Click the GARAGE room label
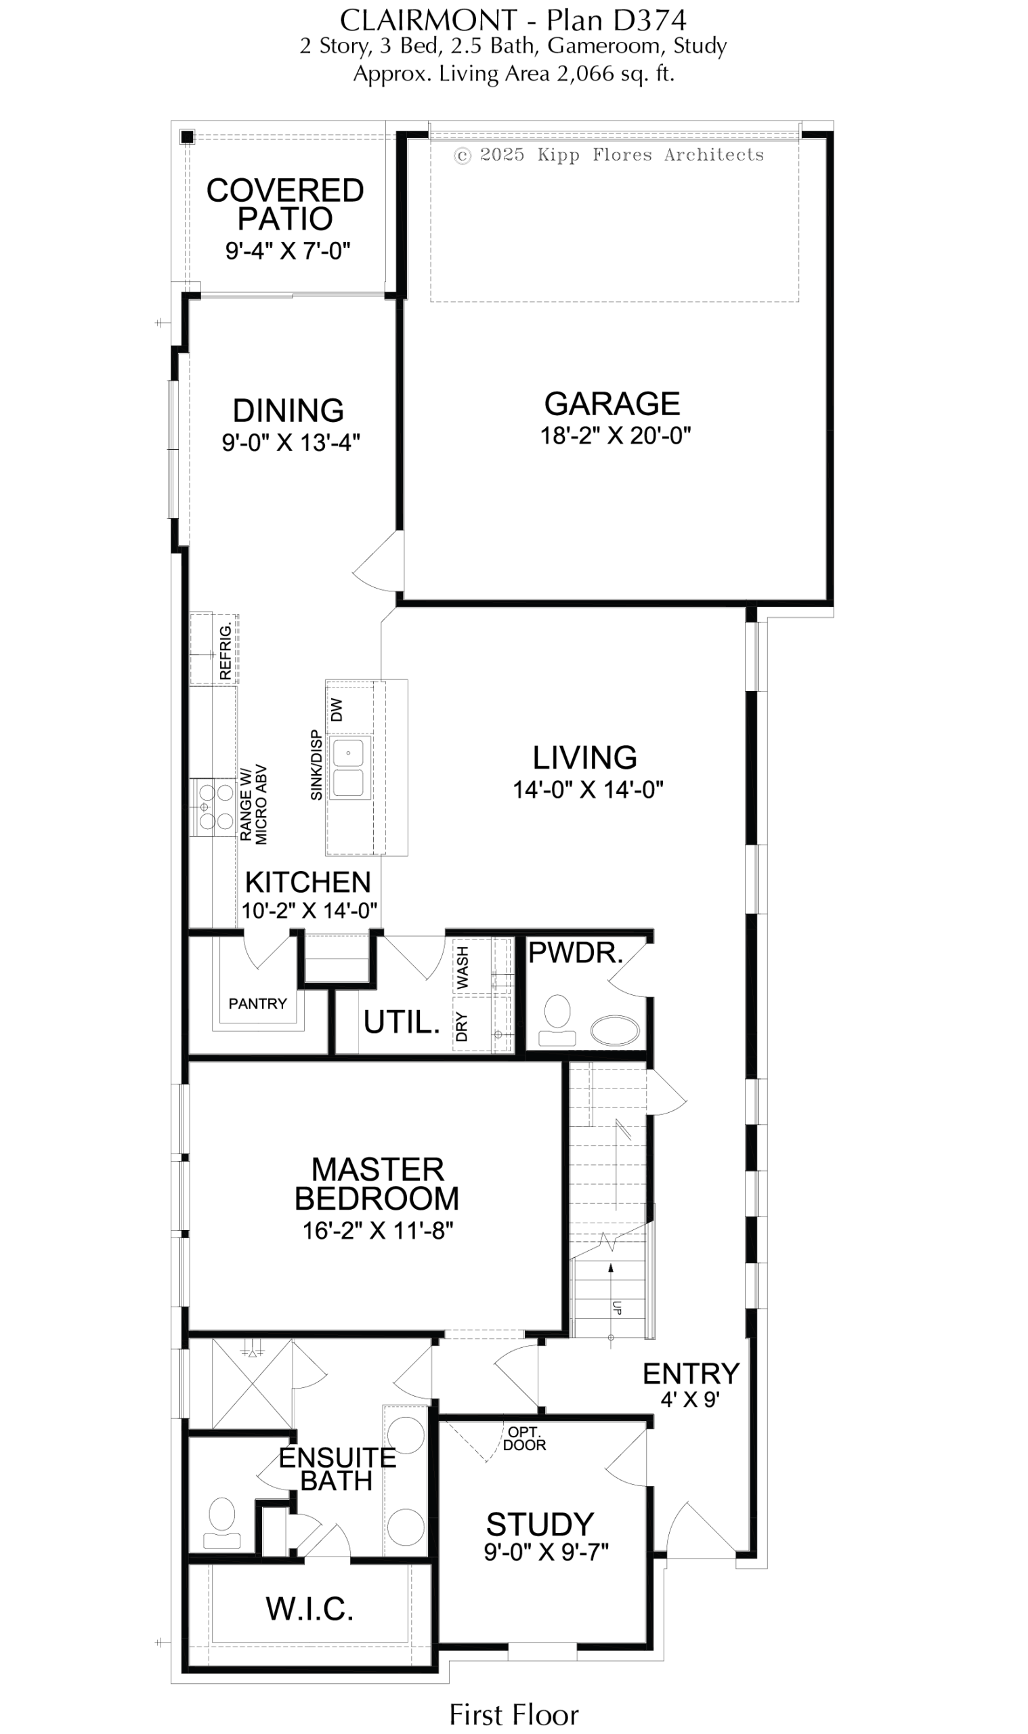(612, 403)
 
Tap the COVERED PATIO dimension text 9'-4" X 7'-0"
(288, 250)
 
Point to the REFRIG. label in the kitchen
(225, 650)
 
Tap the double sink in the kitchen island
(349, 767)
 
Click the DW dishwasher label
(337, 709)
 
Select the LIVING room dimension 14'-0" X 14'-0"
(588, 789)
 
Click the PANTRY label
(258, 1003)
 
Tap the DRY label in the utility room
(462, 1027)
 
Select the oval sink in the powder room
(615, 1031)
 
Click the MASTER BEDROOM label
(377, 1184)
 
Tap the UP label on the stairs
(616, 1307)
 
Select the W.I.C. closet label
(309, 1622)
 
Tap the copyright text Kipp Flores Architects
(651, 154)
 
